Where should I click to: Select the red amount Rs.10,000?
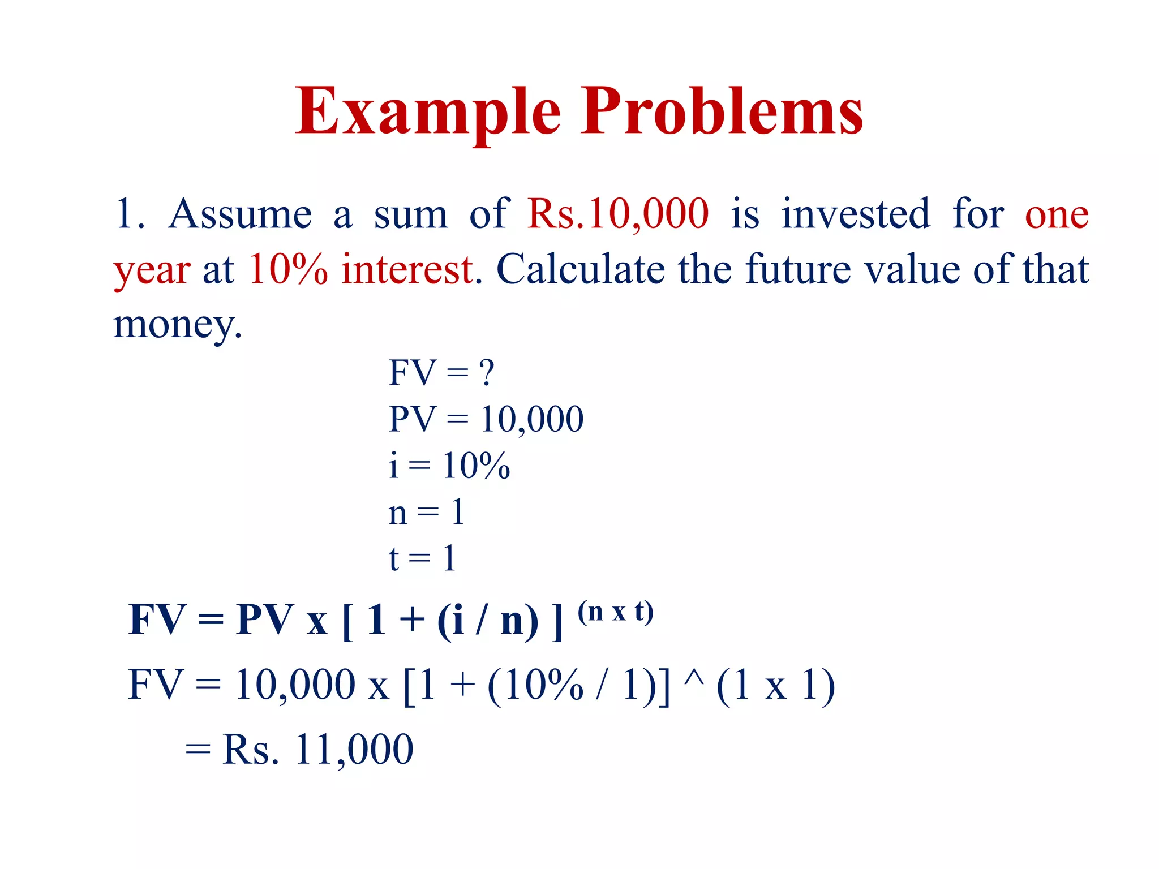click(617, 214)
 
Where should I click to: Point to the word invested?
click(856, 214)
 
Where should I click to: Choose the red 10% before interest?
click(287, 269)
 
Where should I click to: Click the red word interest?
click(407, 269)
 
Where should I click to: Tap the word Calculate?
click(581, 269)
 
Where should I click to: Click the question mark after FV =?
click(486, 373)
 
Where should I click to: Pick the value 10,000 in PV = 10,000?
click(531, 420)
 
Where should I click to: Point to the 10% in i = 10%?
click(476, 466)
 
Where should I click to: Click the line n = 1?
click(426, 513)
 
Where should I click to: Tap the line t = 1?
click(422, 558)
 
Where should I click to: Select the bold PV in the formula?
click(265, 620)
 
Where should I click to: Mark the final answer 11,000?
click(354, 750)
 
